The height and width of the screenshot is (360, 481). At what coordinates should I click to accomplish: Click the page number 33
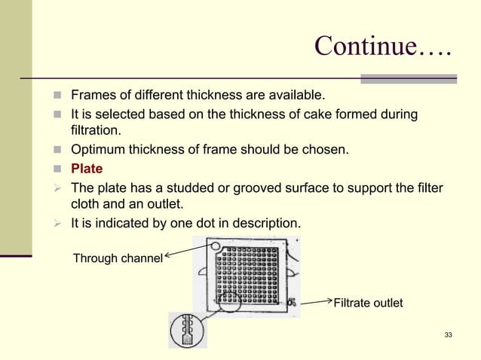449,334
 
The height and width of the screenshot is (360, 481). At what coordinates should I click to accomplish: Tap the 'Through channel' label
117,259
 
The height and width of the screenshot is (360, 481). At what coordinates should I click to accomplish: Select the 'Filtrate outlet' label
368,304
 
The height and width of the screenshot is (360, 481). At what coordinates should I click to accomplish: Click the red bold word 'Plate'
87,168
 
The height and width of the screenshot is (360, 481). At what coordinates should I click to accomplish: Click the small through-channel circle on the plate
216,246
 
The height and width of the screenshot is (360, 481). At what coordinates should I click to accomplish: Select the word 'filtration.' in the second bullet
96,132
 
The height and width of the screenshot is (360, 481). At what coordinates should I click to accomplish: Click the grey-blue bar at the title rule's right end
409,78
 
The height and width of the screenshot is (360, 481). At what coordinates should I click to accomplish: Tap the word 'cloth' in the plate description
87,204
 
